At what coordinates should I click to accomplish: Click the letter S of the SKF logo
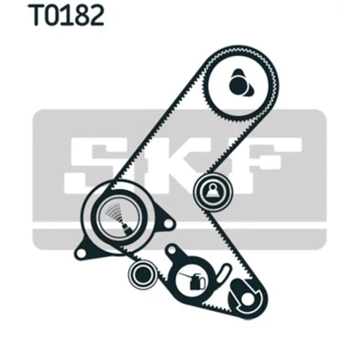pyautogui.click(x=92, y=166)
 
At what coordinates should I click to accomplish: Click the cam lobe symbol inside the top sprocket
pyautogui.click(x=240, y=84)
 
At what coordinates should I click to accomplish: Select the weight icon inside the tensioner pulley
pyautogui.click(x=213, y=192)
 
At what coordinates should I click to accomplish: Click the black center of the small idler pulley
pyautogui.click(x=143, y=275)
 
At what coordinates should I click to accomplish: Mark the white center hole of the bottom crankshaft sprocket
pyautogui.click(x=247, y=298)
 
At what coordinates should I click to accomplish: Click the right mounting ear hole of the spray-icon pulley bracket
pyautogui.click(x=168, y=224)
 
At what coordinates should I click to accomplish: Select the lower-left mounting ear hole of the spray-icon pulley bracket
pyautogui.click(x=81, y=254)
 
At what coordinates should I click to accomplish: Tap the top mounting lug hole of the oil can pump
pyautogui.click(x=171, y=251)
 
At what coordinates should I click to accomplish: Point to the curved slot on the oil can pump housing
pyautogui.click(x=222, y=273)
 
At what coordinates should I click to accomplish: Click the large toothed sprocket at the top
pyautogui.click(x=241, y=83)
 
